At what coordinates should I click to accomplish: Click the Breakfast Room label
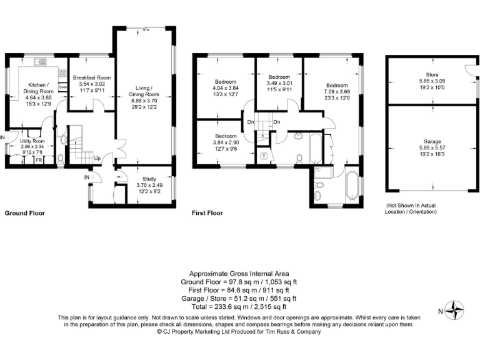91,78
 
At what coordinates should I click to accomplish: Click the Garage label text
429,145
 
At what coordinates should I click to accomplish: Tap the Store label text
429,75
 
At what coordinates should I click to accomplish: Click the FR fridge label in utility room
38,161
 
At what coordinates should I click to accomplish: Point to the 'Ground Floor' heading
25,213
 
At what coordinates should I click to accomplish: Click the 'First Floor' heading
207,213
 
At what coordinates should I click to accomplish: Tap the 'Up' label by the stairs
97,159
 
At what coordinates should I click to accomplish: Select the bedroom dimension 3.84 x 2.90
226,142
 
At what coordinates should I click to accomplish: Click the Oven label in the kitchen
63,87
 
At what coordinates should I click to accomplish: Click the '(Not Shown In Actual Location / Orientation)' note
411,209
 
